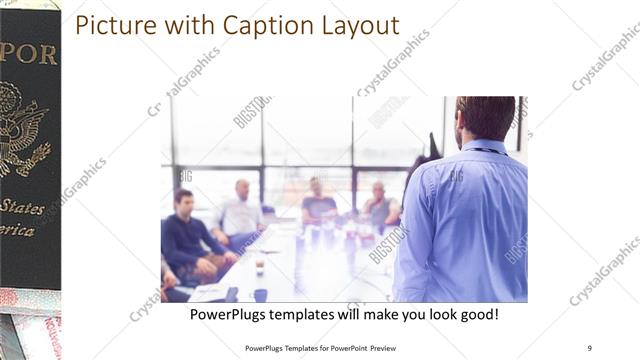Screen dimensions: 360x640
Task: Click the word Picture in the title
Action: pyautogui.click(x=112, y=25)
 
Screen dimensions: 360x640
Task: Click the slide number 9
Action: pyautogui.click(x=589, y=348)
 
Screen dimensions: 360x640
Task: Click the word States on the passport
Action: pyautogui.click(x=22, y=207)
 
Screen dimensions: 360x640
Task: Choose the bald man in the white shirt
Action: pyautogui.click(x=240, y=212)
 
